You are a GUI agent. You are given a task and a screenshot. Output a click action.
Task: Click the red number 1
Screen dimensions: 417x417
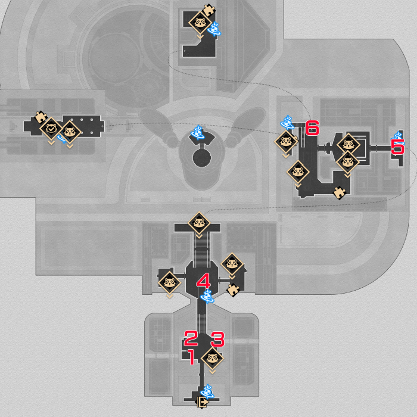pyautogui.click(x=192, y=357)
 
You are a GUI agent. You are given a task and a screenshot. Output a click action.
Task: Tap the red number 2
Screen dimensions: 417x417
pyautogui.click(x=191, y=338)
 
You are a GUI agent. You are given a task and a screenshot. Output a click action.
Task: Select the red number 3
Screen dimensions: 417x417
pyautogui.click(x=218, y=339)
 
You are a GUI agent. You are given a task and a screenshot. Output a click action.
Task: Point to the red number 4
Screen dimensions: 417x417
pyautogui.click(x=204, y=281)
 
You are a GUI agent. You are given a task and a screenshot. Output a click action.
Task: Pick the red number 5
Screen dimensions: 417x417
pyautogui.click(x=397, y=147)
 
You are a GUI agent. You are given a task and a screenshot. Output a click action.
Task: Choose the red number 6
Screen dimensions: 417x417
pyautogui.click(x=312, y=127)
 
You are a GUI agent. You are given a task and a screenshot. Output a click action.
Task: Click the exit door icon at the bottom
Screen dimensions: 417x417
pyautogui.click(x=203, y=402)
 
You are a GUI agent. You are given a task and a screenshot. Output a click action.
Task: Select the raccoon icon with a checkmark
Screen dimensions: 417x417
pyautogui.click(x=51, y=129)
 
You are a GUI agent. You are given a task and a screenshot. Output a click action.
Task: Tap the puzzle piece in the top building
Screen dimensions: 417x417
pyautogui.click(x=208, y=10)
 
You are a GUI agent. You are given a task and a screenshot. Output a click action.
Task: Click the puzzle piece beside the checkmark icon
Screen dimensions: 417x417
pyautogui.click(x=41, y=117)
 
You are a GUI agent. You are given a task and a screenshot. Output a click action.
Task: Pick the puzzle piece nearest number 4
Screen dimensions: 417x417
pyautogui.click(x=234, y=290)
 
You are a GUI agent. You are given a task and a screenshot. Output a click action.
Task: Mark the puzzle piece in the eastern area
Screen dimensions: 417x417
pyautogui.click(x=340, y=193)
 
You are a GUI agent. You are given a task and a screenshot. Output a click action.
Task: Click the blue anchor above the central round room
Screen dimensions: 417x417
pyautogui.click(x=198, y=132)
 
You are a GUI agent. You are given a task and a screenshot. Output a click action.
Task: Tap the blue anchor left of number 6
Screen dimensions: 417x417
pyautogui.click(x=288, y=123)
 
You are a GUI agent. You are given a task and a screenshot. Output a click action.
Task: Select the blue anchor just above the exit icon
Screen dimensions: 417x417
pyautogui.click(x=207, y=392)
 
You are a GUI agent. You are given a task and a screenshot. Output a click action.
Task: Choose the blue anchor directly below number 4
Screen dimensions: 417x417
pyautogui.click(x=207, y=296)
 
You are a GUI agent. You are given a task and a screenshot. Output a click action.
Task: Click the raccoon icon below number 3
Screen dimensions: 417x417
pyautogui.click(x=212, y=358)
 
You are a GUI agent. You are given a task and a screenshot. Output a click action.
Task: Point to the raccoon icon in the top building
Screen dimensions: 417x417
pyautogui.click(x=200, y=23)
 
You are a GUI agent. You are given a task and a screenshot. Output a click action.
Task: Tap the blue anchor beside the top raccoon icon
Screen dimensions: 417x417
pyautogui.click(x=214, y=29)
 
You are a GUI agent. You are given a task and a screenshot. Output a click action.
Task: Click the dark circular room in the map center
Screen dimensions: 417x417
pyautogui.click(x=202, y=158)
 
